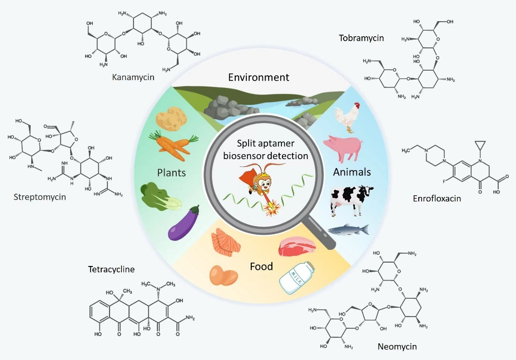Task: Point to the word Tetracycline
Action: (111, 270)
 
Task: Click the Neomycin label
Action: (397, 346)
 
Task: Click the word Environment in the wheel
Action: (259, 77)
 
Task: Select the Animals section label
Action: (352, 172)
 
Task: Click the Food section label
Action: (261, 267)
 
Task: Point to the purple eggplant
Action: (184, 224)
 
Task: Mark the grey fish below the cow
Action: (348, 229)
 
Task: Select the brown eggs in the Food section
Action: (223, 274)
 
